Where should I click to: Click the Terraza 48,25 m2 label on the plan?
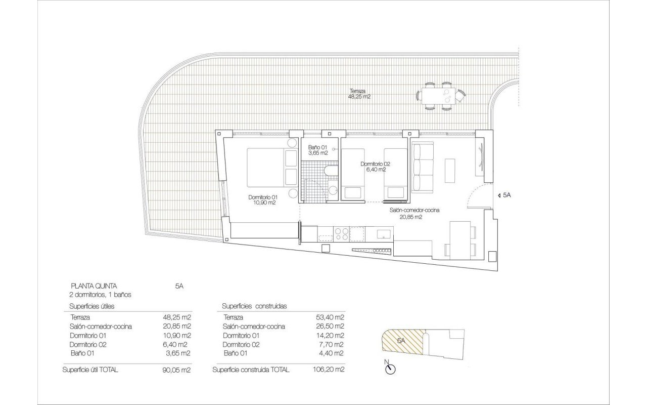(359, 94)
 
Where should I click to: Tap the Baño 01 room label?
(318, 150)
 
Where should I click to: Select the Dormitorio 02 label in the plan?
(376, 167)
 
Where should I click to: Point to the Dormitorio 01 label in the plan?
(263, 200)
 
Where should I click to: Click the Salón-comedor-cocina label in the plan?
(414, 214)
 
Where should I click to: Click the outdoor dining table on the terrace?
(441, 96)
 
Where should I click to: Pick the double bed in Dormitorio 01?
(272, 168)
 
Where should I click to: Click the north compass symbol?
(390, 368)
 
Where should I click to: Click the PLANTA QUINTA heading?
(94, 287)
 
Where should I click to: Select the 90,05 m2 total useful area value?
(176, 370)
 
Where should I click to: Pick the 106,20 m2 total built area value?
(329, 370)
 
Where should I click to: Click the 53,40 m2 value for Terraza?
(330, 317)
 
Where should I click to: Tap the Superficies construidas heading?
(254, 306)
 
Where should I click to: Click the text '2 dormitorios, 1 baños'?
(100, 295)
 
